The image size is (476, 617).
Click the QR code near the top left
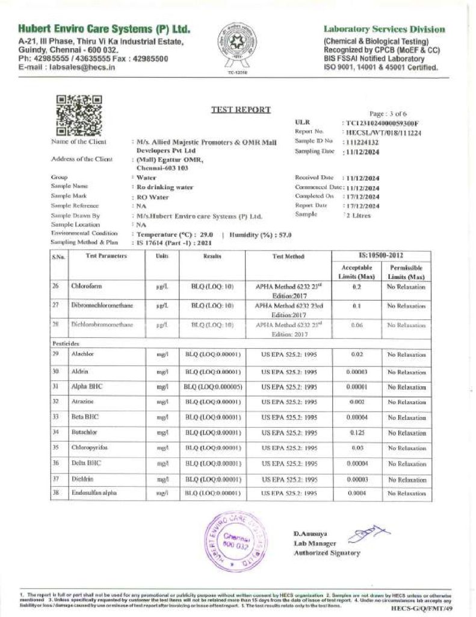tap(78, 114)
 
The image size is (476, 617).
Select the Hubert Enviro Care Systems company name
tap(104, 28)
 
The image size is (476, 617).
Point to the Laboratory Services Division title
tap(384, 29)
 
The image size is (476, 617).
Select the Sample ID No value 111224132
tap(363, 142)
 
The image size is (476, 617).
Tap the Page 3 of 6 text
tap(388, 113)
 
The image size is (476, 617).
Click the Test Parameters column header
tap(106, 256)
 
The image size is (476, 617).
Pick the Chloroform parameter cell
tap(85, 287)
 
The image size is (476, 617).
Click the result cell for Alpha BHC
tap(212, 387)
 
